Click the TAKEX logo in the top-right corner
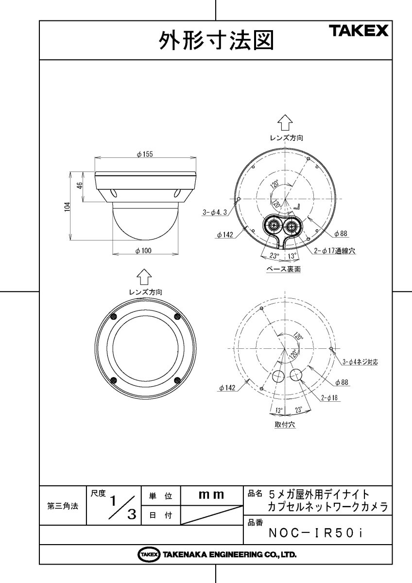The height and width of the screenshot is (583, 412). tap(360, 32)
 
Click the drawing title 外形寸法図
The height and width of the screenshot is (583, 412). tap(216, 41)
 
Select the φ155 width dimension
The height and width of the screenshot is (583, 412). tap(145, 154)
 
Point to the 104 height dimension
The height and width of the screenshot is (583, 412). tap(68, 206)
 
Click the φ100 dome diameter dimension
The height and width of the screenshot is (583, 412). tap(144, 250)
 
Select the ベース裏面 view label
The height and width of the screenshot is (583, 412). tap(284, 269)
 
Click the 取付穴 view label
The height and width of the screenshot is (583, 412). tap(284, 424)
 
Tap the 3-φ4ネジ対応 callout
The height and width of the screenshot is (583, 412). tap(360, 361)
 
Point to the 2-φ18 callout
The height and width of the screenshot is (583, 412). tap(329, 398)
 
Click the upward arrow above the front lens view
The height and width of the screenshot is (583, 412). tap(144, 278)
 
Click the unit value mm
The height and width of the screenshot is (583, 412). tap(211, 495)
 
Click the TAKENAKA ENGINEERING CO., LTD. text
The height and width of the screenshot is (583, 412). tap(229, 554)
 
